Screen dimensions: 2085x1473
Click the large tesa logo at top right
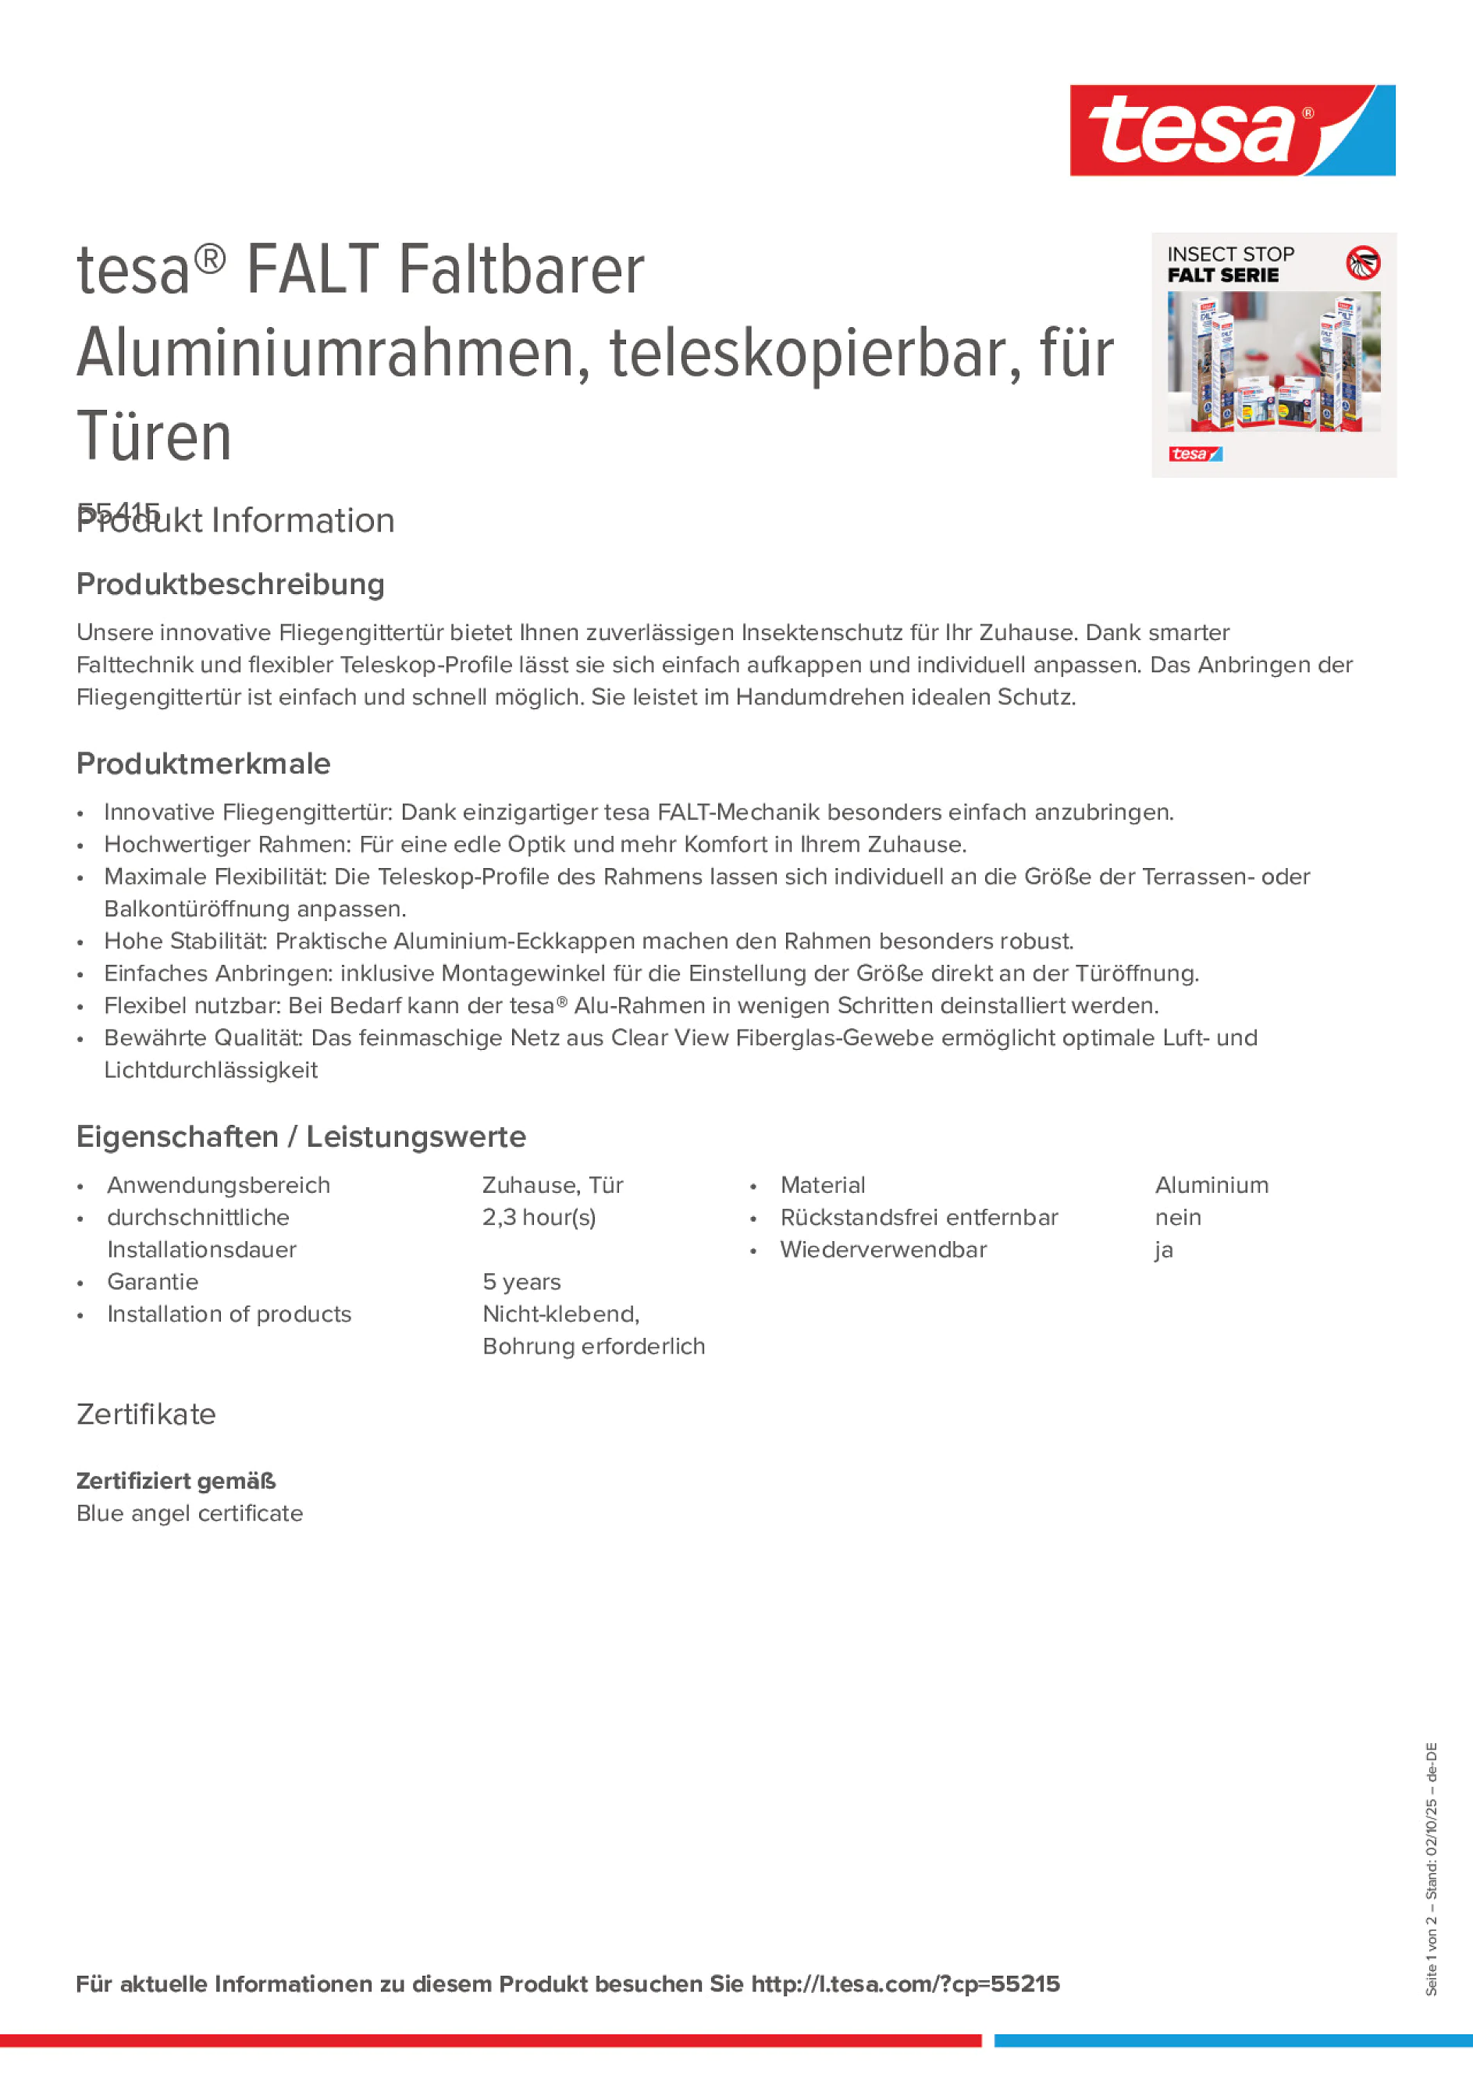(1232, 131)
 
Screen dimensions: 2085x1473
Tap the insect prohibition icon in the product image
(1362, 262)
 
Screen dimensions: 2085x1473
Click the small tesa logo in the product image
(1195, 454)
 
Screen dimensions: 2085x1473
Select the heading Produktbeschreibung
(230, 584)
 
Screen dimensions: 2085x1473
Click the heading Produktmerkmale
(204, 763)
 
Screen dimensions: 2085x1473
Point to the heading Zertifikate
(146, 1414)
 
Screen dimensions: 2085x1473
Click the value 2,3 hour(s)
(539, 1217)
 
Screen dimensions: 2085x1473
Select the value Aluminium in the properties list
(1211, 1185)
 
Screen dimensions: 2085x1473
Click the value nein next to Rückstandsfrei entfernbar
(1178, 1217)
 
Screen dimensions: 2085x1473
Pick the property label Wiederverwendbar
(883, 1250)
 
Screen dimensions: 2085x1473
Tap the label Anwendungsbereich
(218, 1185)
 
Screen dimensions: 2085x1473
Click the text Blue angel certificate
(190, 1513)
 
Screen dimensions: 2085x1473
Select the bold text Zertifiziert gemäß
(176, 1481)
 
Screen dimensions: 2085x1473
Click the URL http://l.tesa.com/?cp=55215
(906, 1984)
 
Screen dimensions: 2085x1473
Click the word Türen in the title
(155, 437)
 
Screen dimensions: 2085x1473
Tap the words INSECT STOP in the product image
(1230, 254)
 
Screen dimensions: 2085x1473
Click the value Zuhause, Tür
(552, 1185)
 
